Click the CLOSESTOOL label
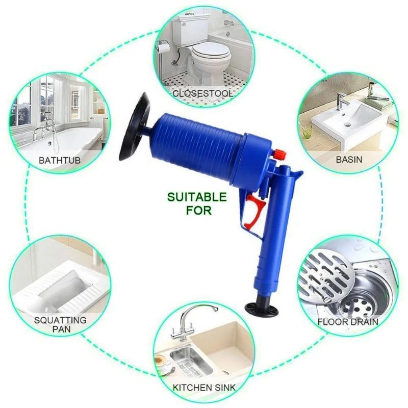tap(203, 94)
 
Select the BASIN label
tap(349, 159)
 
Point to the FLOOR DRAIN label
tap(348, 322)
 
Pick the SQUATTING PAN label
tap(60, 325)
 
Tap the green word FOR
tap(198, 210)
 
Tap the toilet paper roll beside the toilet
tap(162, 46)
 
